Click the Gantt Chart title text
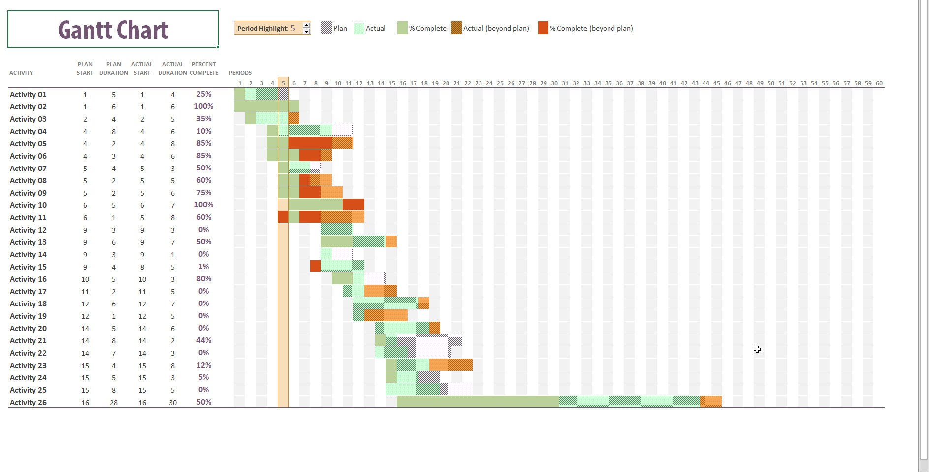[113, 30]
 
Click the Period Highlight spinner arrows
[306, 28]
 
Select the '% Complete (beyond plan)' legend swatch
[543, 28]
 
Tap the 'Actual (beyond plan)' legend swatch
[456, 28]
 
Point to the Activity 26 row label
[28, 403]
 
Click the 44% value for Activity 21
[203, 340]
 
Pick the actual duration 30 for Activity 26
[172, 403]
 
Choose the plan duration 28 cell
[113, 403]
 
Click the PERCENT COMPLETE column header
[203, 68]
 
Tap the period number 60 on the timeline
[879, 83]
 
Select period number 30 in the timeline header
[554, 83]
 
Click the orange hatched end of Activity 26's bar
[710, 402]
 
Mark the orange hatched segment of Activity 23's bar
[450, 365]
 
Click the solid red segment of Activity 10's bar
[353, 204]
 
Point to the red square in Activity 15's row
[316, 266]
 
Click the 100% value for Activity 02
[203, 106]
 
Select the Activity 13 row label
[28, 242]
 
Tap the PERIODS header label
[240, 73]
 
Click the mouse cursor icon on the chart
[757, 349]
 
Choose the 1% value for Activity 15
[203, 267]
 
